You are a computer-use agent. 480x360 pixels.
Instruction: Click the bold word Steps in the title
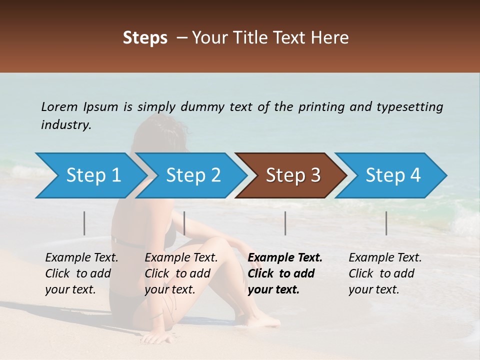pos(145,37)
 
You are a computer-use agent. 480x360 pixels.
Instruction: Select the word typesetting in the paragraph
pos(410,106)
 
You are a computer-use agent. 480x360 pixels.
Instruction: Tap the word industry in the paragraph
pos(65,125)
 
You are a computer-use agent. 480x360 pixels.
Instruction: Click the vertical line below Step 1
pos(84,223)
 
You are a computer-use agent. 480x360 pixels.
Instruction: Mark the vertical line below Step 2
pos(184,223)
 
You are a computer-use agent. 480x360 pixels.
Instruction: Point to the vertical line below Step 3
pos(285,223)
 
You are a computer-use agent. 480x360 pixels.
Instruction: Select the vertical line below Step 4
pos(386,223)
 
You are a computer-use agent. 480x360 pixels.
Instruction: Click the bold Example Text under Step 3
pos(285,258)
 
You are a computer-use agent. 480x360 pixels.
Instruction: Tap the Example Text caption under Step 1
pos(82,258)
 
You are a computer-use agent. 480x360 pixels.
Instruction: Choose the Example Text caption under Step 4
pos(385,258)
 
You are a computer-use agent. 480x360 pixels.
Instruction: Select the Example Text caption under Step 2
pos(181,258)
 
